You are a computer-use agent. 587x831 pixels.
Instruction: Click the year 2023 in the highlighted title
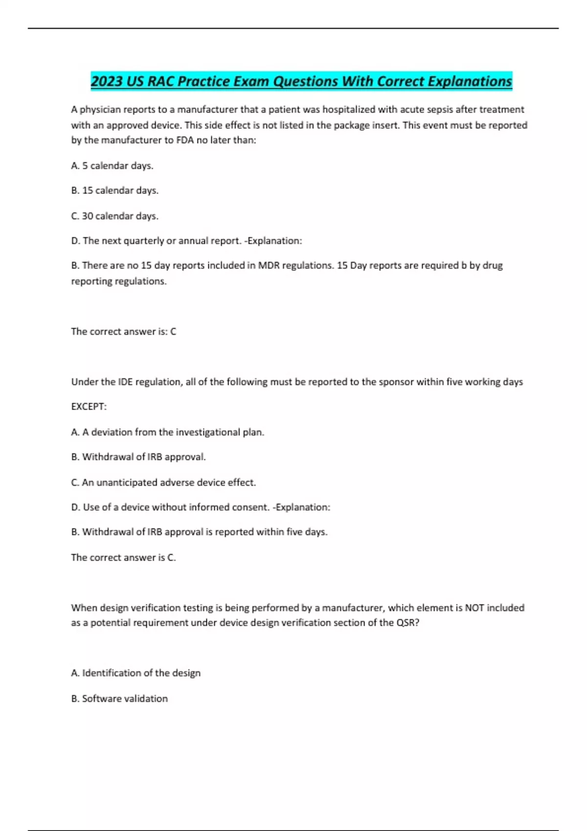107,81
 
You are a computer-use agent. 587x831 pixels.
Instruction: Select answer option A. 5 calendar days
112,166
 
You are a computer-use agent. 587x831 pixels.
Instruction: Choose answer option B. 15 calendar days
114,190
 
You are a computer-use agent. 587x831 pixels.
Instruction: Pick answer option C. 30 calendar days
114,216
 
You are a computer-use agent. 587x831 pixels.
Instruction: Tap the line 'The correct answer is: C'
123,331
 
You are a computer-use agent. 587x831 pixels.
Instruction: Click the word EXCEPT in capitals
89,407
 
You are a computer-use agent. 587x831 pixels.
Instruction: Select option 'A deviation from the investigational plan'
167,432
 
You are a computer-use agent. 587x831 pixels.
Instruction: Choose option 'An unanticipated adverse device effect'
163,482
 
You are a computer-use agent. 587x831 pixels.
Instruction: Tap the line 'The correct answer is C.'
123,557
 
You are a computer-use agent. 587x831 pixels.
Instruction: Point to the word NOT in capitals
474,608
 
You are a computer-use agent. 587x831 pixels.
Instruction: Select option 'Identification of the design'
135,673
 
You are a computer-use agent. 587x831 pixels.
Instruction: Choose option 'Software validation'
119,699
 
